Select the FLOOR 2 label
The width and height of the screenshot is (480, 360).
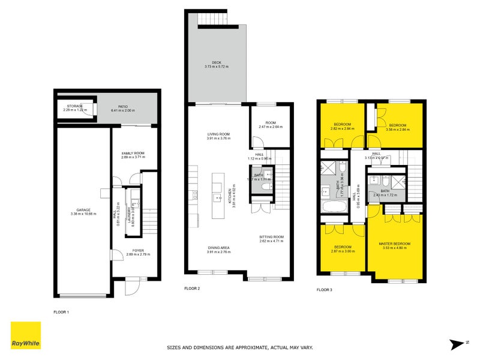[192, 289]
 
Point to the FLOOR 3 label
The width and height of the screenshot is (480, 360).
[324, 290]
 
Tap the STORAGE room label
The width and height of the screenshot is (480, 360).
[75, 106]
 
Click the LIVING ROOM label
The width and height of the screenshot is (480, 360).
[218, 134]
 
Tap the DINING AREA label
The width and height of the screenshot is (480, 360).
[218, 247]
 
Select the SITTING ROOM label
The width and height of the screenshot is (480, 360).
[271, 237]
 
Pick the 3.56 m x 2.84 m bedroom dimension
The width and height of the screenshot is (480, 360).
[398, 128]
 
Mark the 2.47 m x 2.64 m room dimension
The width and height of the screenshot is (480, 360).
[271, 127]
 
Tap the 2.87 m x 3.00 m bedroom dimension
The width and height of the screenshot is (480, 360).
[343, 251]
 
